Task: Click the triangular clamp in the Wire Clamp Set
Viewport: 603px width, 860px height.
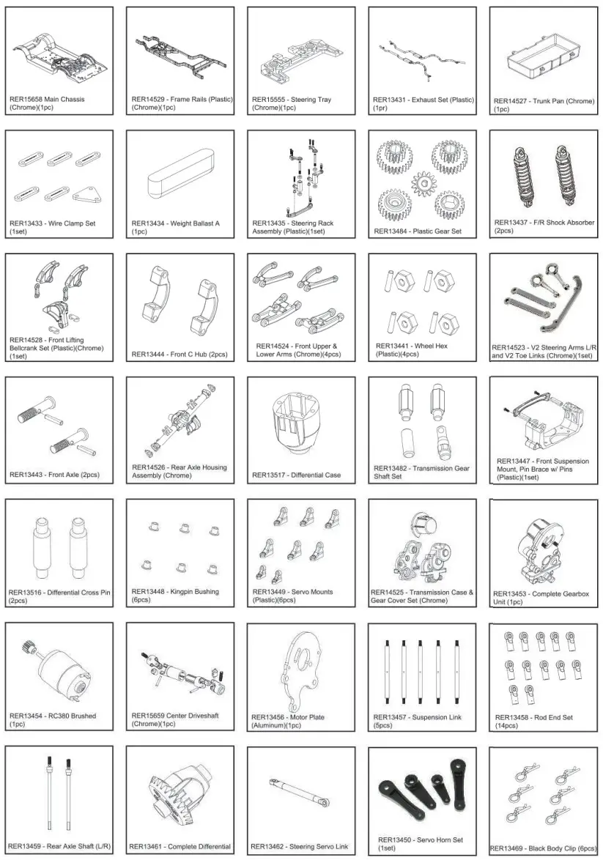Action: pyautogui.click(x=88, y=194)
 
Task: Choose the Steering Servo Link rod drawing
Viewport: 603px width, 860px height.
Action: pyautogui.click(x=300, y=792)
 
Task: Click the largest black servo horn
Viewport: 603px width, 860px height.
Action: pyautogui.click(x=400, y=790)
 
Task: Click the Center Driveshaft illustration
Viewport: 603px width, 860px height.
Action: pyautogui.click(x=180, y=672)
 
